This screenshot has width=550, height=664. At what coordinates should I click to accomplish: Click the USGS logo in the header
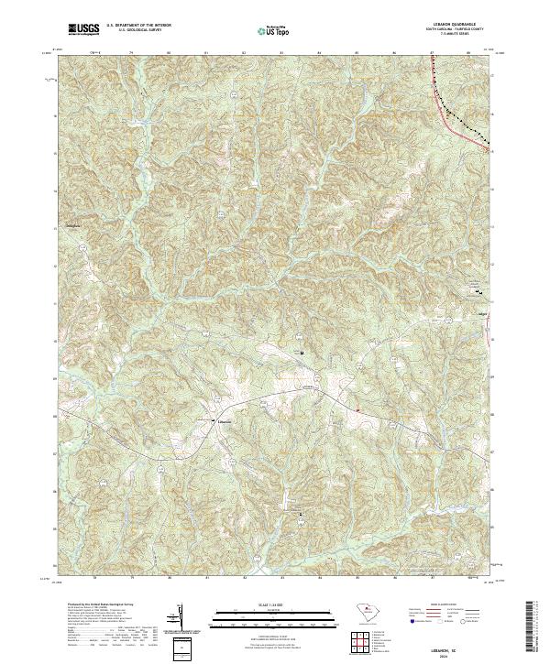(x=84, y=29)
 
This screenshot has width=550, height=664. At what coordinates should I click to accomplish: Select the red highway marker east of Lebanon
(x=357, y=408)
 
